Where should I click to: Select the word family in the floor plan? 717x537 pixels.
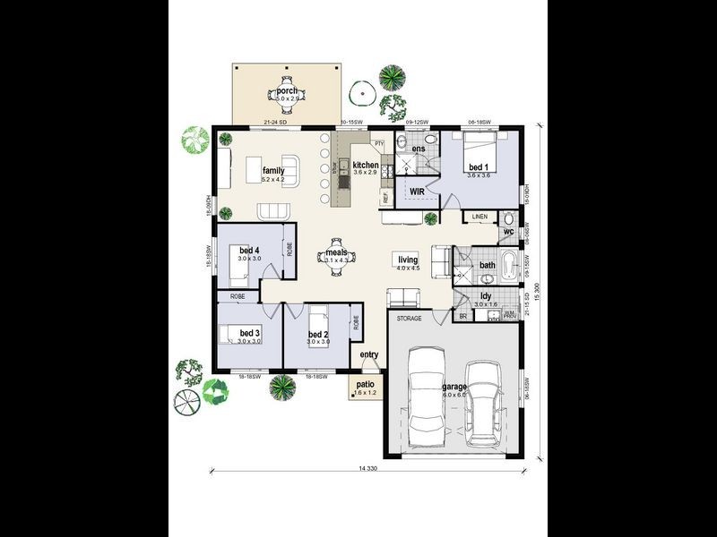point(273,170)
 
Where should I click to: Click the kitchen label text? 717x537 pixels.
point(365,166)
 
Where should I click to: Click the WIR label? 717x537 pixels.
point(417,192)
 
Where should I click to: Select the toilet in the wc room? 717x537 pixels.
point(507,219)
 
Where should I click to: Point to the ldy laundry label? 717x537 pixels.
point(485,295)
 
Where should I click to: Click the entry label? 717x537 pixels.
point(369,355)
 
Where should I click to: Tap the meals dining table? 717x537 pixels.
point(337,258)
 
